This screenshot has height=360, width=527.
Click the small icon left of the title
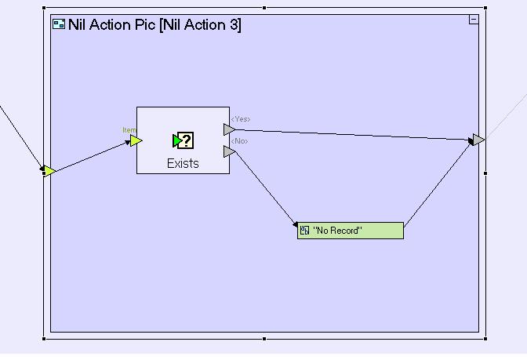pyautogui.click(x=58, y=24)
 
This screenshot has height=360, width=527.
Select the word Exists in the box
pyautogui.click(x=183, y=163)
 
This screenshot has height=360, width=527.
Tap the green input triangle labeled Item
pyautogui.click(x=136, y=141)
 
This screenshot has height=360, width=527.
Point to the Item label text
pyautogui.click(x=129, y=130)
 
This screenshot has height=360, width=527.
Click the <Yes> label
pyautogui.click(x=240, y=119)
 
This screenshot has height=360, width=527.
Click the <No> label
pyautogui.click(x=238, y=141)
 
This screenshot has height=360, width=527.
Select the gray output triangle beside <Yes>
pyautogui.click(x=229, y=129)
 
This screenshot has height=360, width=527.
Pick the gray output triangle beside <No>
pyautogui.click(x=229, y=151)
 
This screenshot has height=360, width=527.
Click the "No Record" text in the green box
pyautogui.click(x=337, y=231)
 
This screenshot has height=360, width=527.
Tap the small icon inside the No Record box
pyautogui.click(x=305, y=231)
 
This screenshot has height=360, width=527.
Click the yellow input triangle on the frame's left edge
pyautogui.click(x=49, y=171)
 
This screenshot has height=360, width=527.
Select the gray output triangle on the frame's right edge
pyautogui.click(x=478, y=140)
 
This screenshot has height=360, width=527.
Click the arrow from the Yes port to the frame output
pyautogui.click(x=353, y=135)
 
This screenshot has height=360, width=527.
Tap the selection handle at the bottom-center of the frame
pyautogui.click(x=264, y=339)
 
